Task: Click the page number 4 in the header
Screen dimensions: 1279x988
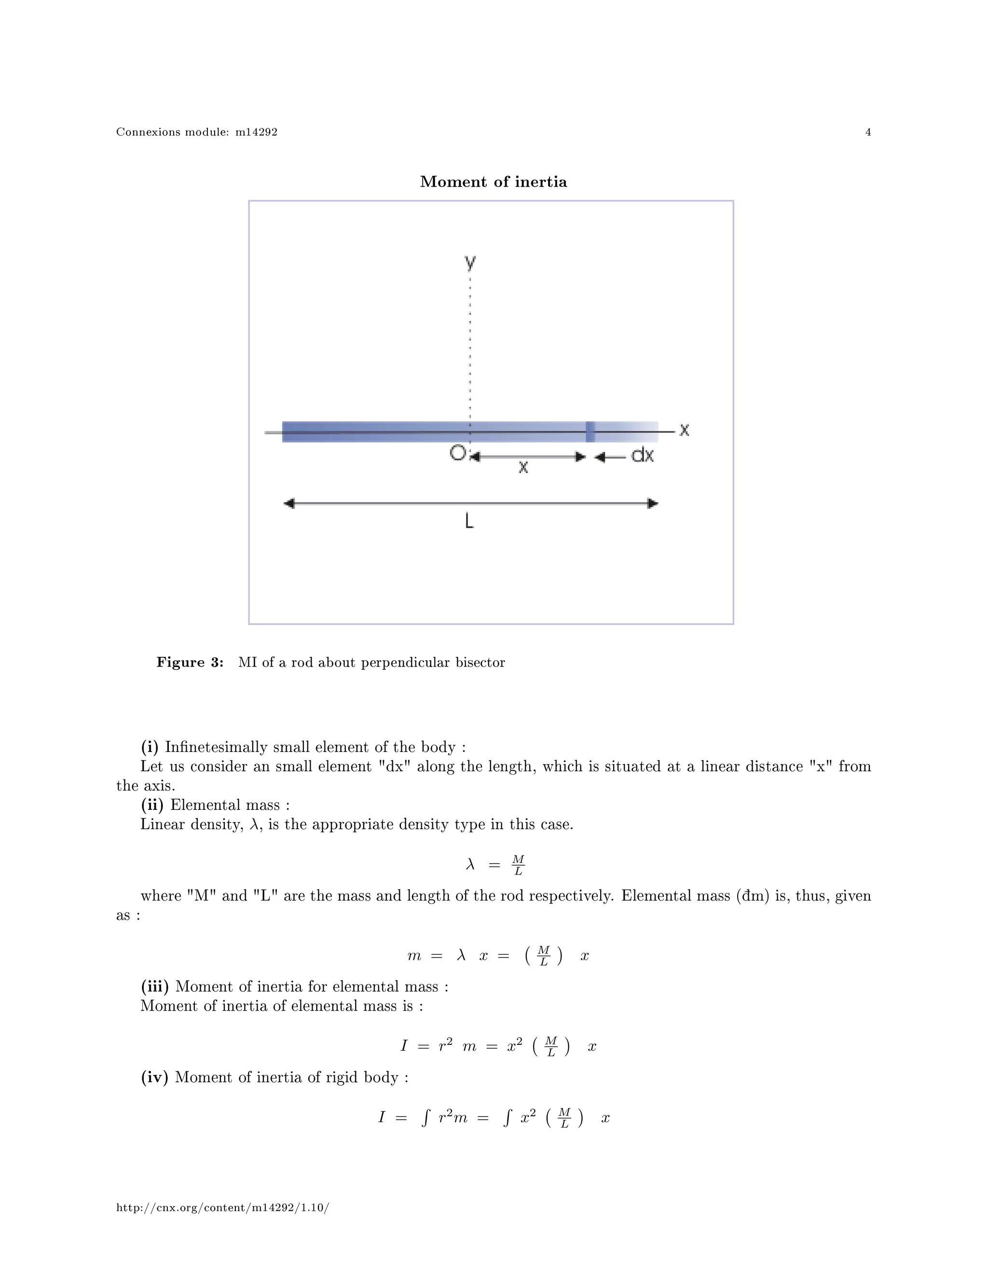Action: (868, 132)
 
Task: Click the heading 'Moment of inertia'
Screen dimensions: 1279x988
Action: (494, 181)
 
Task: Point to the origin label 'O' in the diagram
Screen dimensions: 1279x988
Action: (457, 453)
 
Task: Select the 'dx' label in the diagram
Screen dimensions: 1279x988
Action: (642, 455)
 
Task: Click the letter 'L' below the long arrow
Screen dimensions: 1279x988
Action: (469, 521)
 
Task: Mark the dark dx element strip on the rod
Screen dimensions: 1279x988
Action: (590, 431)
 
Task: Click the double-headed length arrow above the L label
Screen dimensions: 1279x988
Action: (470, 503)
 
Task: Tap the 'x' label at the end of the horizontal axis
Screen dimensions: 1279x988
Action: (684, 431)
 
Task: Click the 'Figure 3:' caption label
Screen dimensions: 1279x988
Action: (190, 662)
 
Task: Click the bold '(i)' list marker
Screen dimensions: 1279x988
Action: (150, 747)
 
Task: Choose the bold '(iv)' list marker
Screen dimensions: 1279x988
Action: (154, 1078)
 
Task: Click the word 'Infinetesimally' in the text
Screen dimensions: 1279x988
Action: (217, 747)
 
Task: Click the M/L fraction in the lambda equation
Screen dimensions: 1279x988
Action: (518, 865)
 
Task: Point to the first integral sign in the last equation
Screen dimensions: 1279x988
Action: (425, 1118)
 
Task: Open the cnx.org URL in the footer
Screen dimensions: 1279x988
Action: (222, 1208)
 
